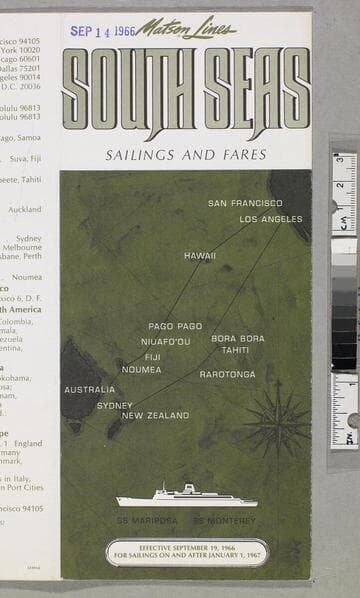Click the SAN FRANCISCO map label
point(245,203)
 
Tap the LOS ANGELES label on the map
point(270,219)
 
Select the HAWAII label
point(199,256)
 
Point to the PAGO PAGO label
point(175,326)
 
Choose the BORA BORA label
point(238,338)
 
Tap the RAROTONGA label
point(227,374)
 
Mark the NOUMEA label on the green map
point(141,369)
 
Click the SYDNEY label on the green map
point(115,405)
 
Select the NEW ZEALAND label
point(155,415)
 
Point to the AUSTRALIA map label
point(90,389)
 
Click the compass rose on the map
point(277,418)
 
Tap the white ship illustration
point(186,496)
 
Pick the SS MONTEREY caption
point(224,520)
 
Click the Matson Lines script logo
point(186,28)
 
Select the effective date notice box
point(187,552)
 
